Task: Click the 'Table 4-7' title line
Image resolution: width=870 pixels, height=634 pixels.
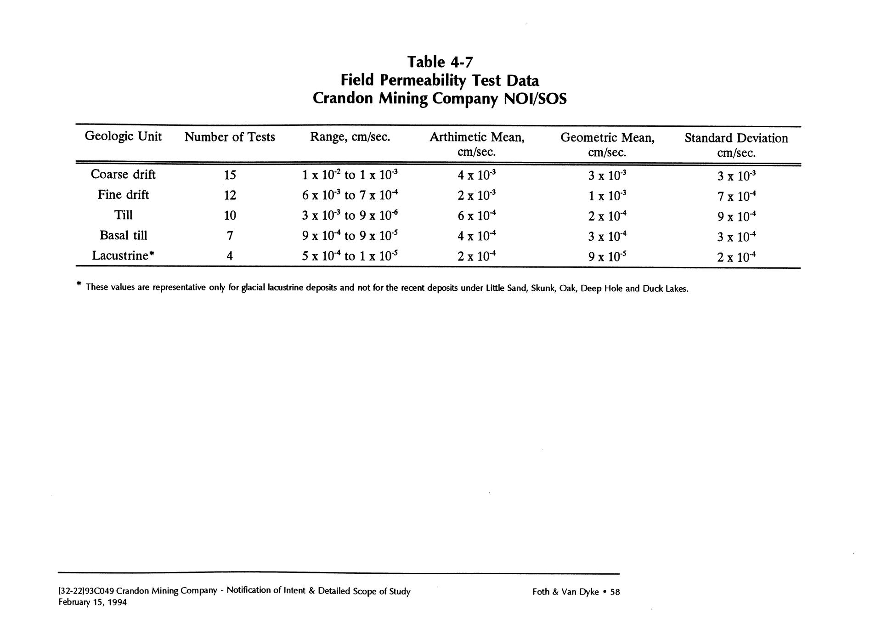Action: point(440,62)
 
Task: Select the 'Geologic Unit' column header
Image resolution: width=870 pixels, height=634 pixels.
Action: point(123,136)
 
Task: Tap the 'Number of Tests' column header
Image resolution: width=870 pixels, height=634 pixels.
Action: point(230,137)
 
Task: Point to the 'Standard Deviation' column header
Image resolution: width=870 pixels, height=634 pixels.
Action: point(736,138)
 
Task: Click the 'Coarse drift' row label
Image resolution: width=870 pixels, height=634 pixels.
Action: point(123,175)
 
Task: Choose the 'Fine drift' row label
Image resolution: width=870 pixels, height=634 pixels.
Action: point(123,195)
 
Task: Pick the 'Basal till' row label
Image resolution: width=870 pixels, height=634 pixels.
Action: point(123,235)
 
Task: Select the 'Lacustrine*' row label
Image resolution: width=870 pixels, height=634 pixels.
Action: point(123,255)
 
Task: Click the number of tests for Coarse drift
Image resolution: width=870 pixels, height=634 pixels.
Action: point(230,175)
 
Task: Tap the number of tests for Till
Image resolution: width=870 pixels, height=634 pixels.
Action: point(230,215)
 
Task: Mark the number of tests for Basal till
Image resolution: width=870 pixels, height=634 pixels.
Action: point(230,236)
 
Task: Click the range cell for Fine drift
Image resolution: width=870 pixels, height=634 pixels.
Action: point(350,195)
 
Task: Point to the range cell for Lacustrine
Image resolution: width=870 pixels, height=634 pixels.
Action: point(350,256)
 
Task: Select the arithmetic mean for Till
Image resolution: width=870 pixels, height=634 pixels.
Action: point(477,215)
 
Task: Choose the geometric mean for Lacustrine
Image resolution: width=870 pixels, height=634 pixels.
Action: point(607,256)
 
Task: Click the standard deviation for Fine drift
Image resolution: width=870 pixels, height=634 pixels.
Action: point(736,196)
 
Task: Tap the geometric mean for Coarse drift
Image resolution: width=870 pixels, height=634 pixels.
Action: point(607,175)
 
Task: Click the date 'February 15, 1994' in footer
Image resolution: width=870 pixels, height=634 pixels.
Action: point(92,602)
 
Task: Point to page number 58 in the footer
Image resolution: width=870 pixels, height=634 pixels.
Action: point(615,592)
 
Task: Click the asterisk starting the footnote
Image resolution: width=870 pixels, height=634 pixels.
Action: point(79,285)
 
